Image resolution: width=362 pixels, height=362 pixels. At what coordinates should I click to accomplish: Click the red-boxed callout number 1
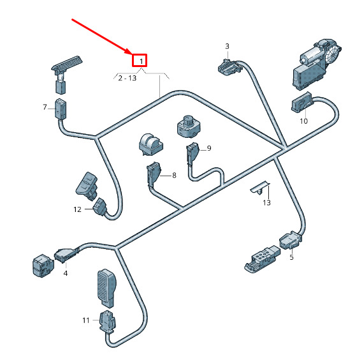coord(141,61)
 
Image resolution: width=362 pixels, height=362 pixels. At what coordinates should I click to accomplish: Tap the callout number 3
coord(227,46)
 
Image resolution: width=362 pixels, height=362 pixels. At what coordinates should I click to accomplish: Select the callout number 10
coord(303,121)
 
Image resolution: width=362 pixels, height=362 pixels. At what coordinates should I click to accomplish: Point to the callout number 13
coord(266,202)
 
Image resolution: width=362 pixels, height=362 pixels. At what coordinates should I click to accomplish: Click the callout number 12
coord(78,209)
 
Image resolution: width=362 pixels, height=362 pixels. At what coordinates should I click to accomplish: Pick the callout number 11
coord(86,321)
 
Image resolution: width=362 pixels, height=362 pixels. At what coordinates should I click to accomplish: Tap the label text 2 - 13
coord(127,78)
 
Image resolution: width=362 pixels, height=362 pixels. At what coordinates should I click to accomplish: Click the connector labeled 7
coord(61,109)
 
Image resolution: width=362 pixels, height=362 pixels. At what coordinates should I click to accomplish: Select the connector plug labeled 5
coord(291,241)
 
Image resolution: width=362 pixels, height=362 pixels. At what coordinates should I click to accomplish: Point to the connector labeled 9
coord(192,153)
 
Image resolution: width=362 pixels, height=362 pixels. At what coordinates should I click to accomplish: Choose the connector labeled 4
coord(66,255)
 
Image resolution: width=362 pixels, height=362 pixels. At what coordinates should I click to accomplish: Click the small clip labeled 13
coord(260,188)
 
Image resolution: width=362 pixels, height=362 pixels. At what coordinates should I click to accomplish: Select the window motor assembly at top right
coord(316,64)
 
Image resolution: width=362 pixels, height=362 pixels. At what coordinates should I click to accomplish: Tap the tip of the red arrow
coord(131,54)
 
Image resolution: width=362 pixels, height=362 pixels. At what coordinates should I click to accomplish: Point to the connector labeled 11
coord(107,322)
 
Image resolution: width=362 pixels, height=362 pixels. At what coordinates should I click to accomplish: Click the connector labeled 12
coord(100,207)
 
